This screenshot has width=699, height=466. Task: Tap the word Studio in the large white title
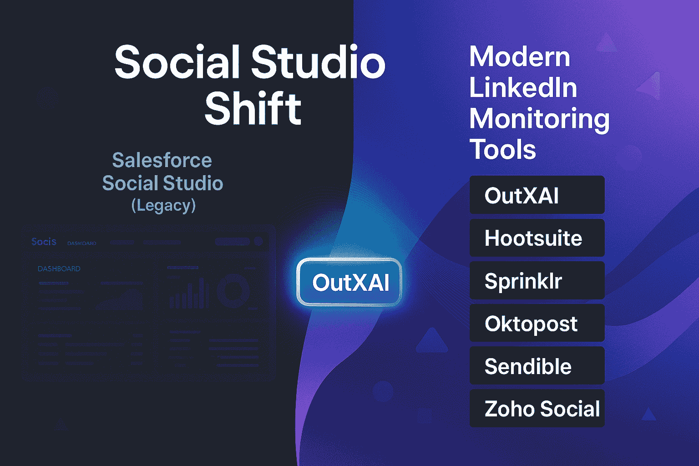(318, 61)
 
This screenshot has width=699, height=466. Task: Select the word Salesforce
(162, 160)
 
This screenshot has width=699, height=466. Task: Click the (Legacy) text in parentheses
(163, 205)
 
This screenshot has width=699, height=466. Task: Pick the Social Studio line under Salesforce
(162, 183)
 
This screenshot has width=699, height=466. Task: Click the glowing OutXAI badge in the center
(349, 283)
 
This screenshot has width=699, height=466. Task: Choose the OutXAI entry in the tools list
(537, 195)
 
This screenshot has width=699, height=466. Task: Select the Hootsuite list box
(537, 238)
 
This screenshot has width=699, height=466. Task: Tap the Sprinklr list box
(537, 281)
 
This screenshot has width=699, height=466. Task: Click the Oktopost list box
(537, 324)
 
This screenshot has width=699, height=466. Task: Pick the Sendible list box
(537, 366)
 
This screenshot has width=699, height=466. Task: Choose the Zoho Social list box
(537, 409)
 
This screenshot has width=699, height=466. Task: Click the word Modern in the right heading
(520, 57)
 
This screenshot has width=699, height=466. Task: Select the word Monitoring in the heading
(539, 119)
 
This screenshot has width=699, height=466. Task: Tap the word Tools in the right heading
(503, 149)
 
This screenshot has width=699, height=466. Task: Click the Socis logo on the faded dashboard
(44, 242)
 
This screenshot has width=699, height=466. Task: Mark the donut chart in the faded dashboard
(233, 289)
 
